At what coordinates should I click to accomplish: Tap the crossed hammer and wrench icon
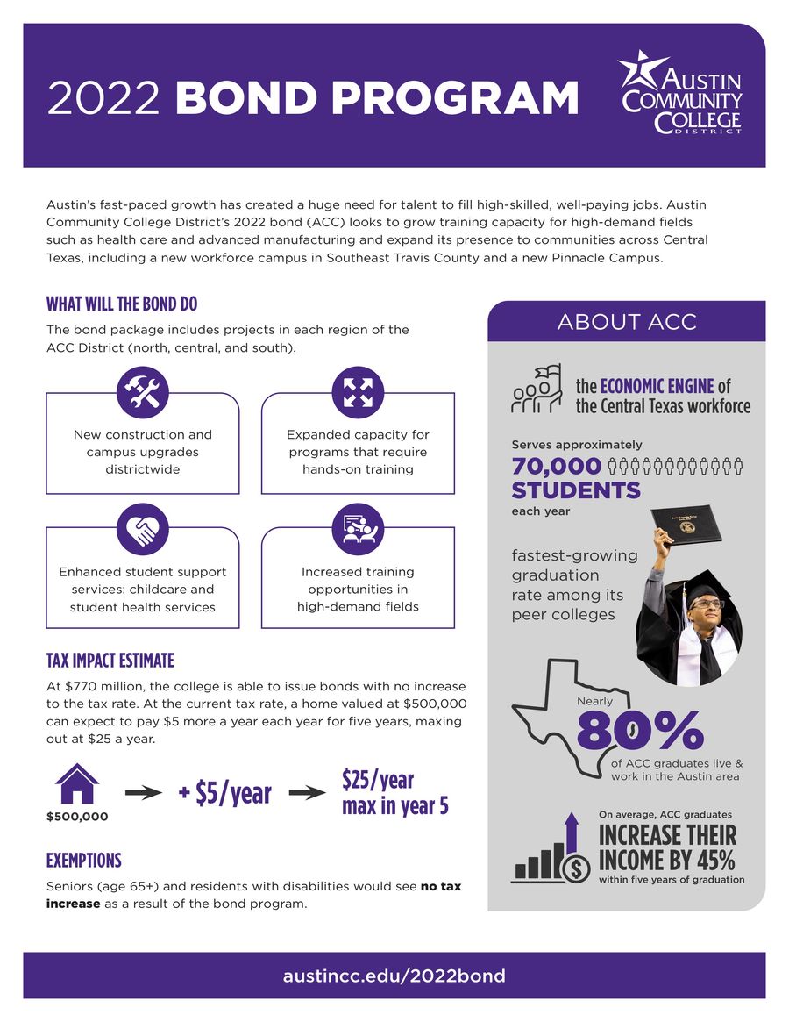click(142, 392)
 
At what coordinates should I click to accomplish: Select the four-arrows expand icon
click(358, 392)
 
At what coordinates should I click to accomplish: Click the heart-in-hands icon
click(142, 527)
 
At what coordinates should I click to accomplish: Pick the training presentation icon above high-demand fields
click(358, 527)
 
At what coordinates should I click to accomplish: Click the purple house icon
click(77, 783)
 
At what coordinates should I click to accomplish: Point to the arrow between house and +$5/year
click(144, 793)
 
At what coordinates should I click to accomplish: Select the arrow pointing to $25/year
click(308, 793)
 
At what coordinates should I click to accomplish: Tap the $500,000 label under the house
click(77, 817)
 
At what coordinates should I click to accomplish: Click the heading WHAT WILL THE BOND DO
click(122, 304)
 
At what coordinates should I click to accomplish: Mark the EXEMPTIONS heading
click(84, 860)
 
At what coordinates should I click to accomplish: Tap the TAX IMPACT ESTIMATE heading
click(110, 661)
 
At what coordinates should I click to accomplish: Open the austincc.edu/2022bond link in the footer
click(394, 976)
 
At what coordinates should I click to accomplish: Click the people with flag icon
click(536, 390)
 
